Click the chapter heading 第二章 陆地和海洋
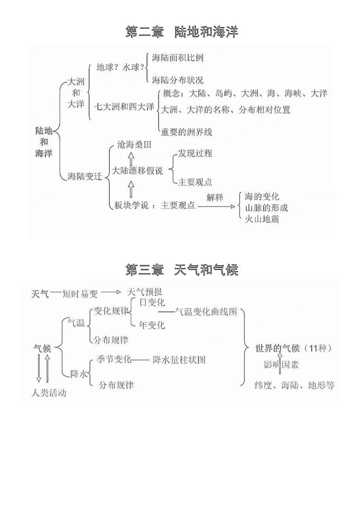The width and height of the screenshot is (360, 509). (182, 32)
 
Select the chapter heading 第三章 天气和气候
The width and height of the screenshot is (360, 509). (182, 270)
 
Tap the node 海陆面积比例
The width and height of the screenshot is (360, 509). (178, 58)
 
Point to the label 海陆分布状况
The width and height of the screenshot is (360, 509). (178, 80)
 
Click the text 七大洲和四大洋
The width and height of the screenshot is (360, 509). (124, 107)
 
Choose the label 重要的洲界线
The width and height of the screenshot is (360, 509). (186, 132)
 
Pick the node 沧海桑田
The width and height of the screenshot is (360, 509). (134, 145)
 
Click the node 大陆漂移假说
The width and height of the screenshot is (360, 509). (137, 171)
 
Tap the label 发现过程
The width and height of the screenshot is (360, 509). (195, 153)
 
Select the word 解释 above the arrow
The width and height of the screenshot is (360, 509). (215, 197)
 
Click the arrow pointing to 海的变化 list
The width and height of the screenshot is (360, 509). (216, 207)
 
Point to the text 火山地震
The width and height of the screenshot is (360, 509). (262, 219)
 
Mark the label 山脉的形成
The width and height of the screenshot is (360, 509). (266, 208)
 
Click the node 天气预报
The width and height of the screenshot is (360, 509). (145, 292)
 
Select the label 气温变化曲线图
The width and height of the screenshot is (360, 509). (206, 312)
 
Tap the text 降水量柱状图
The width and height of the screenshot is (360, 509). (179, 359)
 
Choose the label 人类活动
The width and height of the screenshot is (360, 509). (49, 393)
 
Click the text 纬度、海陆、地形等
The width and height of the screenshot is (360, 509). (294, 386)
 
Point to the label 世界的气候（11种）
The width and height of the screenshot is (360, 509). (294, 348)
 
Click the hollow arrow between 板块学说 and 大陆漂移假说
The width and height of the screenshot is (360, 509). (131, 189)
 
